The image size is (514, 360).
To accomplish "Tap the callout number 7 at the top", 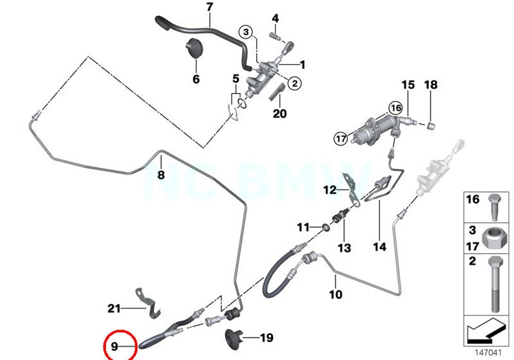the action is click(x=209, y=8).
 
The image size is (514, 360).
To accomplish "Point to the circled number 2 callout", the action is click(x=295, y=82).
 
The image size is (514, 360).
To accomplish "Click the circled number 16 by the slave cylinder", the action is click(x=395, y=108).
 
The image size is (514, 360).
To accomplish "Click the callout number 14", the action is click(x=379, y=247).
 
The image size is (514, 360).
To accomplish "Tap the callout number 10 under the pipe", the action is click(x=335, y=295).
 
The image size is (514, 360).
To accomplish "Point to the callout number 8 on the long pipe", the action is click(x=161, y=175).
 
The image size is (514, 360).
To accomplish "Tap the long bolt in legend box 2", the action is click(x=494, y=285).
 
